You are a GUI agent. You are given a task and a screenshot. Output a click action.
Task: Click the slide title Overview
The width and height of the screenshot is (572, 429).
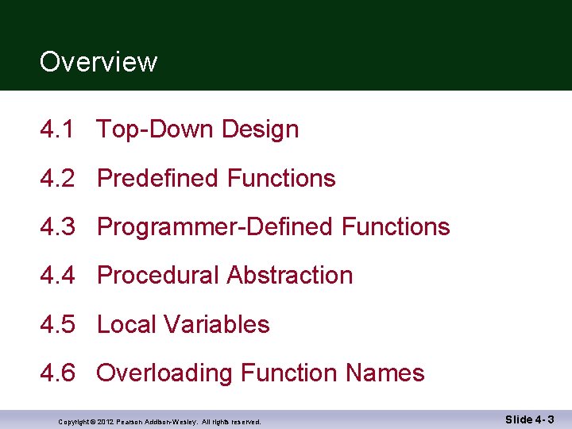point(99,62)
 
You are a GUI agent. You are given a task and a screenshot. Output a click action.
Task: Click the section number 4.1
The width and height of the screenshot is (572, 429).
point(58,129)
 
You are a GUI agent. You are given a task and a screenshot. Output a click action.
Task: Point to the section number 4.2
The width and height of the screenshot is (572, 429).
point(58,179)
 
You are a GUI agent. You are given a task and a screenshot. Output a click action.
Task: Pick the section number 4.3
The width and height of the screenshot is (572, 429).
point(58,227)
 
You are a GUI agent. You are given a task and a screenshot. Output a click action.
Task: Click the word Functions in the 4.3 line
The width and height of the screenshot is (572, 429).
point(395,227)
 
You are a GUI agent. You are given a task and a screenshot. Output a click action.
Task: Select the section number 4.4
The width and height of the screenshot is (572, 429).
point(58,276)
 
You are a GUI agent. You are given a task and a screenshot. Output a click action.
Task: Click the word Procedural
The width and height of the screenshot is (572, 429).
point(158,276)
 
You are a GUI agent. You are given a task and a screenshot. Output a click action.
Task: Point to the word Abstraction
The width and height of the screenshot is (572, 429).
point(289,276)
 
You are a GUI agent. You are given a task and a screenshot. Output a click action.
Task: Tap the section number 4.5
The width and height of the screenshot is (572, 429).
point(58,325)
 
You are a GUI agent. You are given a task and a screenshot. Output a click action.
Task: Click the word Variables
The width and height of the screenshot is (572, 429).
point(214,325)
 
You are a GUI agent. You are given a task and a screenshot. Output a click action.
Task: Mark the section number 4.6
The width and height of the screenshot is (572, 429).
point(58,373)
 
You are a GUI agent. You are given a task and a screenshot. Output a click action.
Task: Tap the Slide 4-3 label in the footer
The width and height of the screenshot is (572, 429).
point(529,419)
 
